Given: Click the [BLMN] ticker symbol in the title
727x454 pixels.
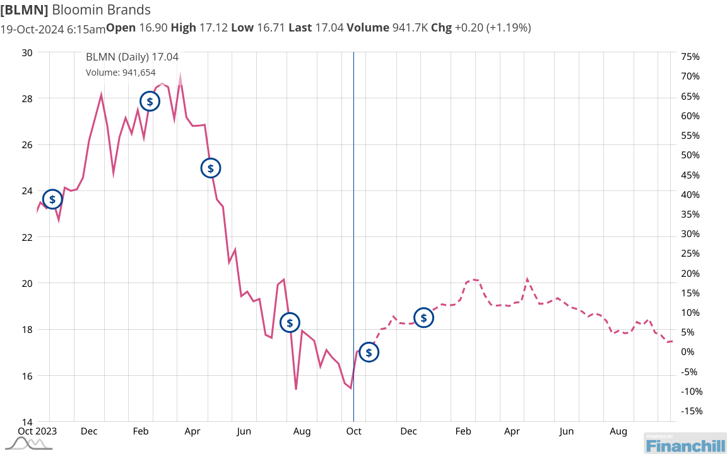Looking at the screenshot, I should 23,10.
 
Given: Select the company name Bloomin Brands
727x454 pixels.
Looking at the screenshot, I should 101,10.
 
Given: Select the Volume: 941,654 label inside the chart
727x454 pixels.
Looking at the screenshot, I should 121,73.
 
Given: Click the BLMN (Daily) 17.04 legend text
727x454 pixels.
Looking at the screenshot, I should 132,57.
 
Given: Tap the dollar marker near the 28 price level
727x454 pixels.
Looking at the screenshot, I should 150,101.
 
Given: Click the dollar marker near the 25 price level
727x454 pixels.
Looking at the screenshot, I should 211,168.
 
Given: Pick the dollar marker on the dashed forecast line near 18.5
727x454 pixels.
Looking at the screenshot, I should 423,318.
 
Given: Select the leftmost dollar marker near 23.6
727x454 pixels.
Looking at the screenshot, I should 52,199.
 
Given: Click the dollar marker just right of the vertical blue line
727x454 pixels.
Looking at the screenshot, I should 369,352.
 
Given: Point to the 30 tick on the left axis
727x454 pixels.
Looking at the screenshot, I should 27,52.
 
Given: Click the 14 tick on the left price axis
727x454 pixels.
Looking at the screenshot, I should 27,422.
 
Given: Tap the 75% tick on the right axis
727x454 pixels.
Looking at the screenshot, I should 690,57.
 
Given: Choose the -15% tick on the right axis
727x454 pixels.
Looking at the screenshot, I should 690,411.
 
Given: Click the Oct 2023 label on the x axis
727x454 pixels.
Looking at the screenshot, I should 36,431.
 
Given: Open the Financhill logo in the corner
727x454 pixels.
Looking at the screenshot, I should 684,443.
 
